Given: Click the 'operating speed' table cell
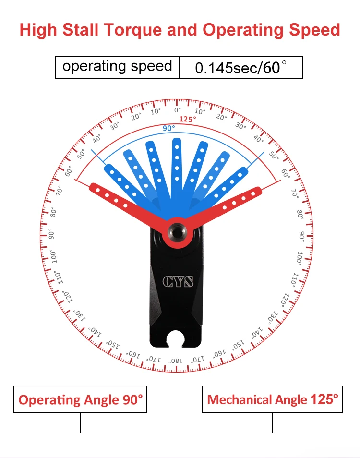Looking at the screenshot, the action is [117, 67].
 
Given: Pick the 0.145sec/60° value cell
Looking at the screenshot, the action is [240, 67].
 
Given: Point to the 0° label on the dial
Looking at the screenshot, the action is [177, 110].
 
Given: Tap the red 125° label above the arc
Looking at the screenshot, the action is [188, 119].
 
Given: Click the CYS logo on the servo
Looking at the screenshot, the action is [177, 281].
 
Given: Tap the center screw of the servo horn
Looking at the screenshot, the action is [177, 232].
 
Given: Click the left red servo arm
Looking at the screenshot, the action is [120, 202].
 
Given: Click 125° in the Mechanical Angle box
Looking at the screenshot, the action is [324, 399].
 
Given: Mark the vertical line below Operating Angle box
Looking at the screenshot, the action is [80, 423].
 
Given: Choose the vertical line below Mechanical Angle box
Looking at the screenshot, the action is [273, 423].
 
